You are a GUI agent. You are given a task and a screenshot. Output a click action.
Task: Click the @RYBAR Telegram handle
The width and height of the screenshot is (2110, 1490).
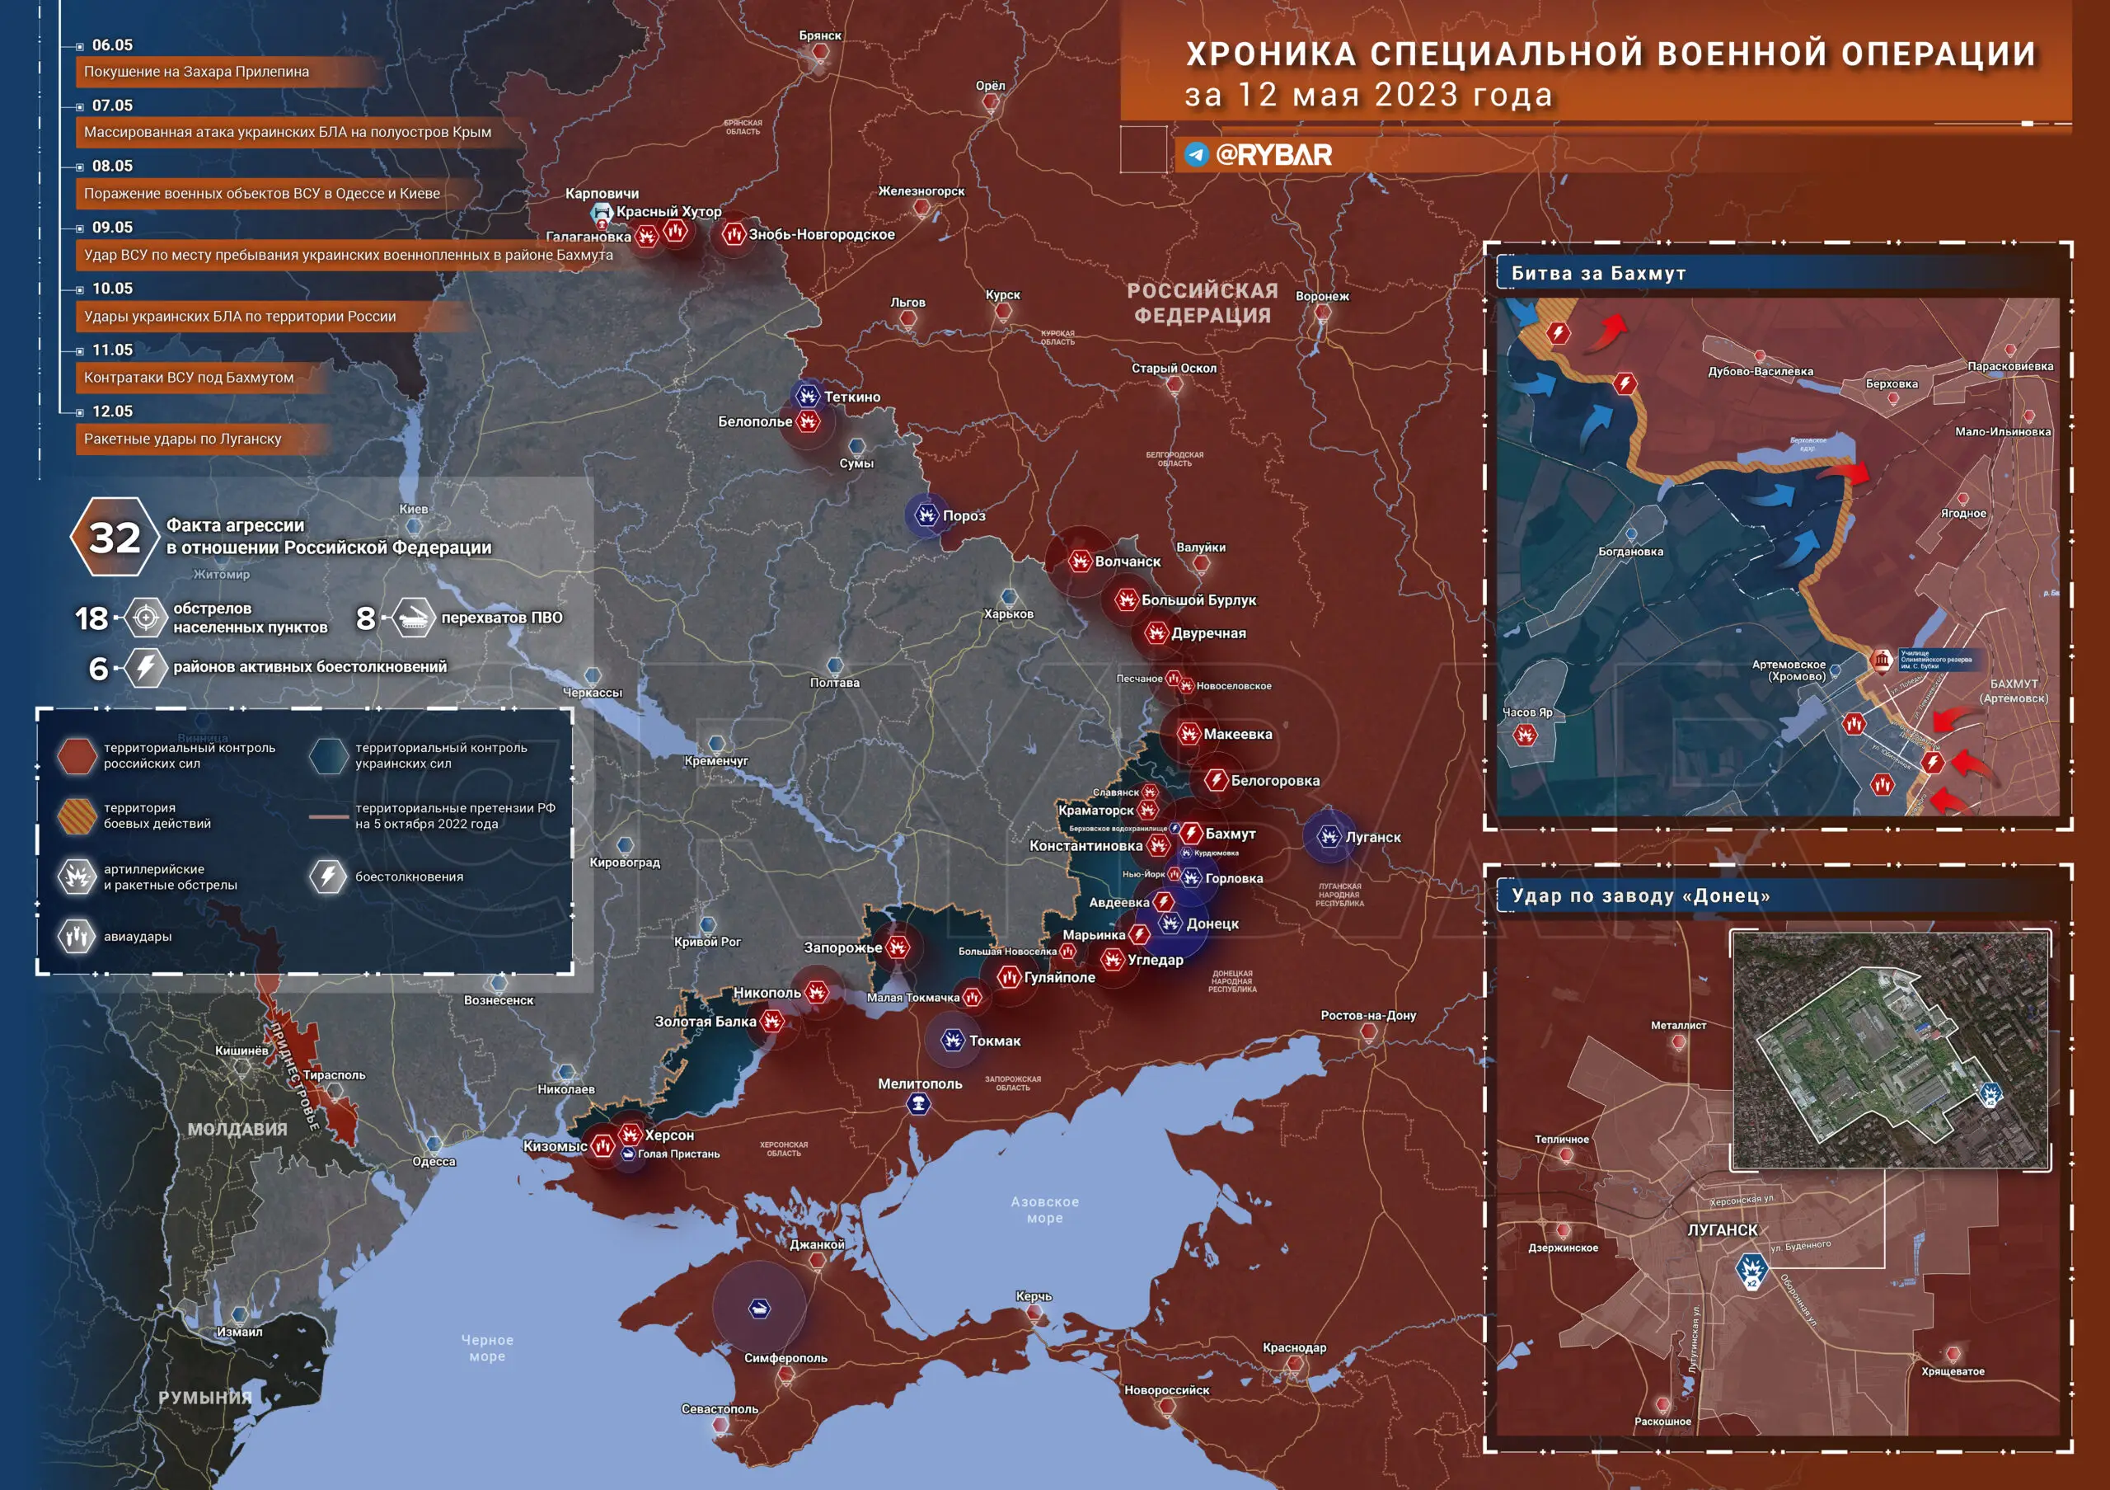(1273, 154)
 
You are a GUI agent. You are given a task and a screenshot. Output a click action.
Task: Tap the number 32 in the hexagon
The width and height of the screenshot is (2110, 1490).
(114, 538)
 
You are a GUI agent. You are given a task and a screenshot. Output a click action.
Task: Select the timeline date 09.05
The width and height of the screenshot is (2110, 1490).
(112, 227)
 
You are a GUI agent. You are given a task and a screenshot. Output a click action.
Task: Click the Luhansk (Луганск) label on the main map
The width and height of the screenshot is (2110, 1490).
(1373, 838)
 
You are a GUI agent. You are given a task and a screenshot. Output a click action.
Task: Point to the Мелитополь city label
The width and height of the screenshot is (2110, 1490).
(920, 1083)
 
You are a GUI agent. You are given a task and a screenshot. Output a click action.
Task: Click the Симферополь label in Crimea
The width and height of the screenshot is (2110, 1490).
(785, 1357)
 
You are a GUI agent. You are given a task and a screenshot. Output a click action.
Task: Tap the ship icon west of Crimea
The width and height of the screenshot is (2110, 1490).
(759, 1308)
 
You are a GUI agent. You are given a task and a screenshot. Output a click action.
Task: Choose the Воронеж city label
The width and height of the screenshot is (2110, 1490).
(1322, 296)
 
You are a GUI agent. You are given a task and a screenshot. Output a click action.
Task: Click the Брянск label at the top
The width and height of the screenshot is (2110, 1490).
(820, 35)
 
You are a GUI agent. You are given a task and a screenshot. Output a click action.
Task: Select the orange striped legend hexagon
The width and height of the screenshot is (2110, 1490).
(77, 816)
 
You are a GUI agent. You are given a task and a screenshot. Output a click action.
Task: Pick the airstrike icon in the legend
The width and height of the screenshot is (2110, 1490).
(77, 937)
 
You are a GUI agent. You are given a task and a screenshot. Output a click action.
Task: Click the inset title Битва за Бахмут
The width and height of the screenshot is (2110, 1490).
(1598, 273)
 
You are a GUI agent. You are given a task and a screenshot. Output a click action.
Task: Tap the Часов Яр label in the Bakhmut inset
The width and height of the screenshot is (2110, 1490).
(1527, 712)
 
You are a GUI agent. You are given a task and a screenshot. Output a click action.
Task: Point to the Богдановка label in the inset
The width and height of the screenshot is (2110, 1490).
(1630, 552)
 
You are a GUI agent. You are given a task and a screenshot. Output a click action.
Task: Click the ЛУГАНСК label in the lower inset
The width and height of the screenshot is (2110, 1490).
(1722, 1230)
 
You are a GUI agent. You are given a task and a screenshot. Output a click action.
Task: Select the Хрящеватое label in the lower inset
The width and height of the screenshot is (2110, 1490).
(1953, 1371)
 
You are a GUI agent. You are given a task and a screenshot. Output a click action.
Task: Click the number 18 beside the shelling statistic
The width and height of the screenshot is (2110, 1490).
(91, 618)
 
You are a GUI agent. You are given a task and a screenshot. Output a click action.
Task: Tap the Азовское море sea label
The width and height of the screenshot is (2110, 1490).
(1045, 1210)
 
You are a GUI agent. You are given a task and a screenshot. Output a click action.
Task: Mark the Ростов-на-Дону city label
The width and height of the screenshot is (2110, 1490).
(1368, 1016)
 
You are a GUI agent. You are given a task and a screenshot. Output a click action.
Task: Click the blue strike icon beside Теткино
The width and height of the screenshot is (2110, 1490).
(807, 396)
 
